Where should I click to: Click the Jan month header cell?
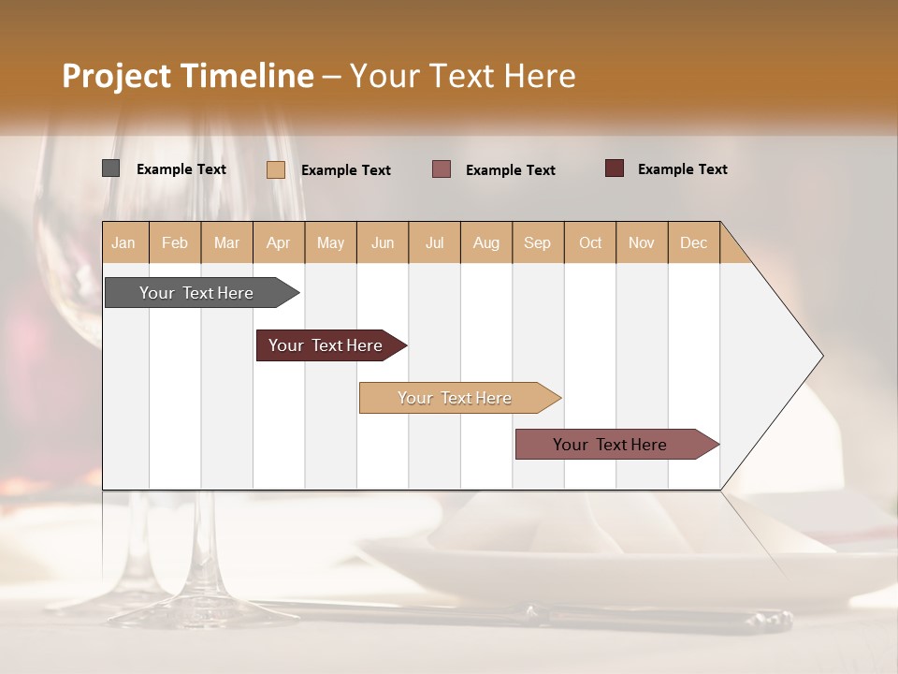(124, 242)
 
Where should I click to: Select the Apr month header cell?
(279, 242)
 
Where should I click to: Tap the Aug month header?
(486, 242)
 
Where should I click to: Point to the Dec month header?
(694, 242)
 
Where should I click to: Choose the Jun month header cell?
(383, 242)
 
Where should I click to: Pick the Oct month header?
(590, 242)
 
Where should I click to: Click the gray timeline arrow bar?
(196, 293)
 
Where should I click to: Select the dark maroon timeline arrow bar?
(326, 345)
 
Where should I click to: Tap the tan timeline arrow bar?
(455, 398)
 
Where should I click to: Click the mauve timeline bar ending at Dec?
(610, 445)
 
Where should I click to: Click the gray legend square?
(111, 168)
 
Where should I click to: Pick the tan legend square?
(276, 169)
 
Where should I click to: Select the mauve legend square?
(442, 169)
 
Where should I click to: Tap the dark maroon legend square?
(615, 168)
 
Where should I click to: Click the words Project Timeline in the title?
(188, 76)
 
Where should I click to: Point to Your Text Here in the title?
(462, 76)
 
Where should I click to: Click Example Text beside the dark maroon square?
(682, 169)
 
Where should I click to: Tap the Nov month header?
(642, 242)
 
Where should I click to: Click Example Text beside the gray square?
(181, 169)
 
